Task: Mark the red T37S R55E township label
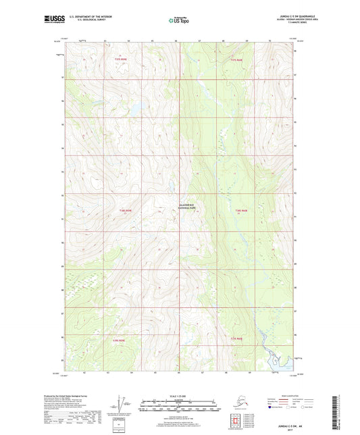click(120, 60)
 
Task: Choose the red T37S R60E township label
click(235, 60)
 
